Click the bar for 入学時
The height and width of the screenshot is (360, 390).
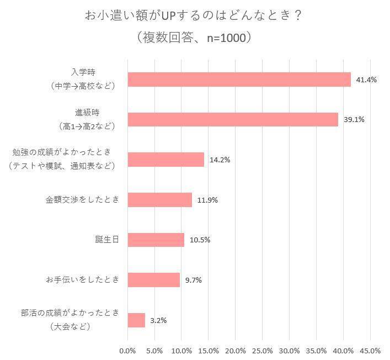[239, 80]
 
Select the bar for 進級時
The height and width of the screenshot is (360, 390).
[232, 119]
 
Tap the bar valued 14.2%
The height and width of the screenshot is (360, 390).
[165, 160]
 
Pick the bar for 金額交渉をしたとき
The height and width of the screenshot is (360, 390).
[159, 200]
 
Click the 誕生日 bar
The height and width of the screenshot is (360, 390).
[156, 240]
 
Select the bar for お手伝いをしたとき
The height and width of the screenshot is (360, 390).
[153, 280]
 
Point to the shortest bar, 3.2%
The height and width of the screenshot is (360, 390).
[136, 320]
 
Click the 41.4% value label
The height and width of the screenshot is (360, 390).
[366, 80]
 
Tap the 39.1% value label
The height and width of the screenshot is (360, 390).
[354, 119]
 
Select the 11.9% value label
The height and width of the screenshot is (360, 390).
[207, 200]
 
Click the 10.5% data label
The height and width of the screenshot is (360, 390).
[200, 240]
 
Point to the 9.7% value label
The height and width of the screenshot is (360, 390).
[194, 280]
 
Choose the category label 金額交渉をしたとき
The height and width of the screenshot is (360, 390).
[82, 200]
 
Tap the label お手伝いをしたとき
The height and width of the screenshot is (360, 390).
[82, 280]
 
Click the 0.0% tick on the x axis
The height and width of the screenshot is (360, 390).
[127, 351]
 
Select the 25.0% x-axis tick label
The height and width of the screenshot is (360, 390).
[263, 351]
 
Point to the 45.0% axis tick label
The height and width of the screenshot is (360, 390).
[370, 351]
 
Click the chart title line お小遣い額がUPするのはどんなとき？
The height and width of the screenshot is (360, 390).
[194, 15]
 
